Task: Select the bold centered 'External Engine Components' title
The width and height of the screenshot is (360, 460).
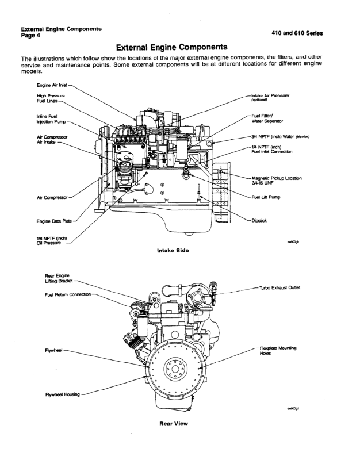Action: point(179,46)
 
